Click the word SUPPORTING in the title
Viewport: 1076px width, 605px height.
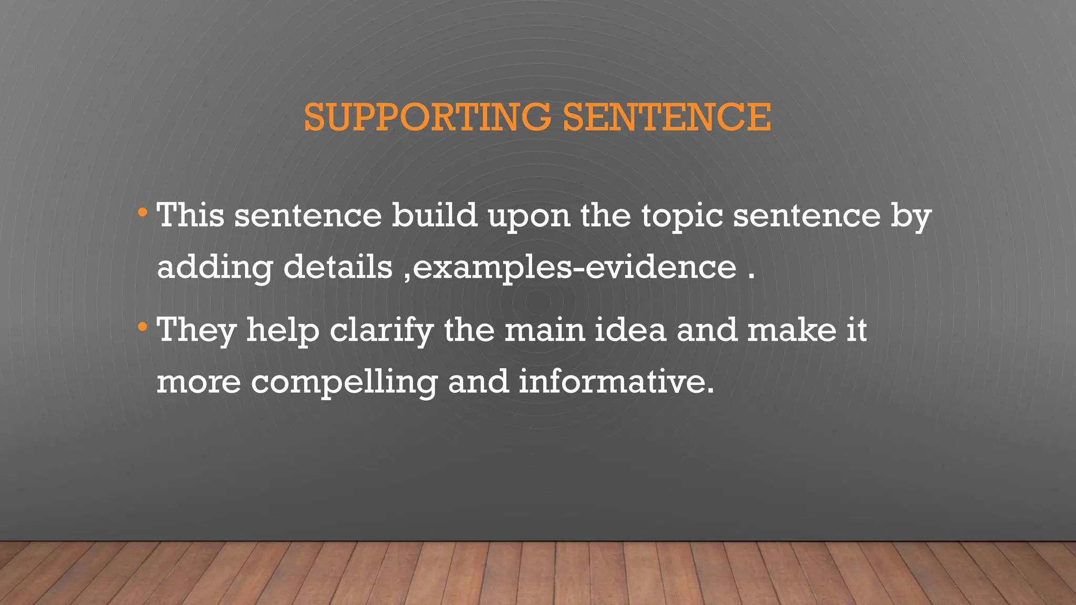[427, 117]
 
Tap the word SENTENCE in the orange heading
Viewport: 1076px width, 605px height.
[667, 117]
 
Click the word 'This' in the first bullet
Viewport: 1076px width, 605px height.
[191, 215]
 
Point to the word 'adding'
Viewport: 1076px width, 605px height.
[214, 268]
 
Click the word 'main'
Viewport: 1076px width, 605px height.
[544, 330]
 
